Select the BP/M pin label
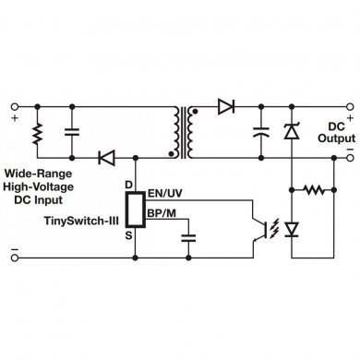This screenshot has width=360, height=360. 162,214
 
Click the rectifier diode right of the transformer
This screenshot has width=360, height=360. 225,108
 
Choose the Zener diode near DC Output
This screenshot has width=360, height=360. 292,132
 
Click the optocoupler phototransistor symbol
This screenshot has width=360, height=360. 270,225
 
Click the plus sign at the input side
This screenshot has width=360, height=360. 13,117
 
